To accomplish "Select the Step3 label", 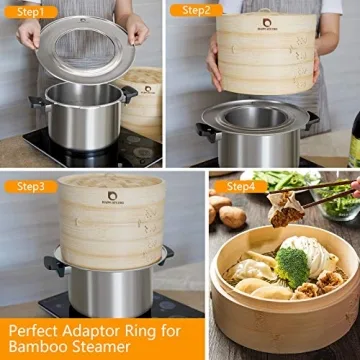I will point(28,186).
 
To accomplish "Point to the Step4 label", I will point(240,186).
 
